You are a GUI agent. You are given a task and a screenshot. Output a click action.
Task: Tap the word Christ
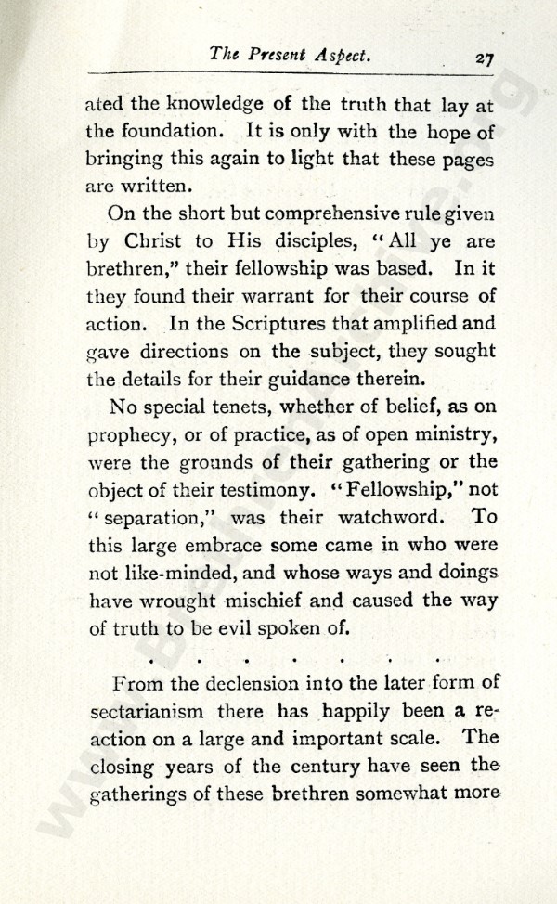click(171, 241)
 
